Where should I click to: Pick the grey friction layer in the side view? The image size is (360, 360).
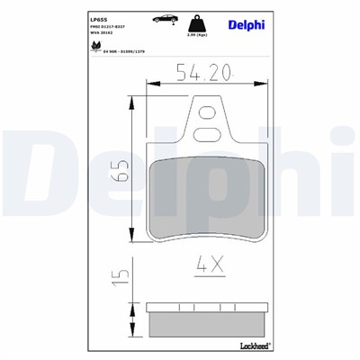pyautogui.click(x=207, y=321)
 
